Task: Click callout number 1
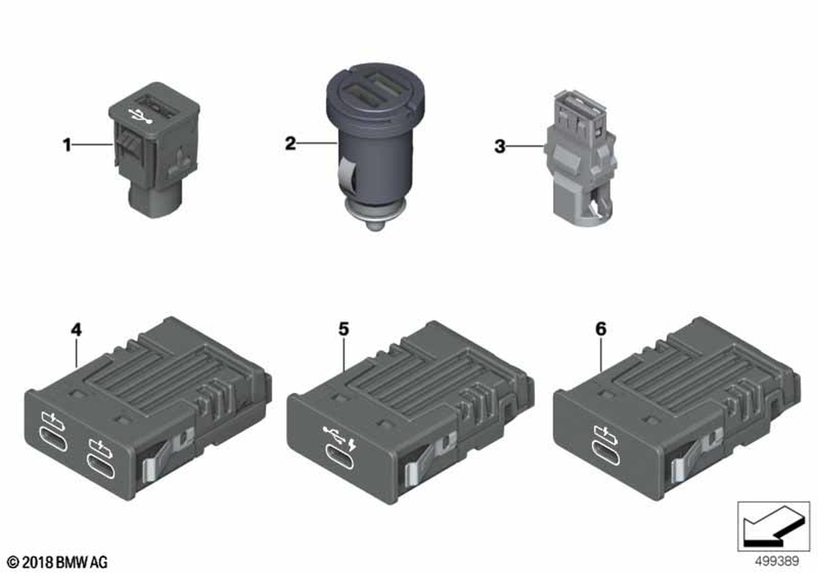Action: pos(67,145)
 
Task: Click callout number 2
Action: pos(290,143)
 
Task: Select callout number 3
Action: pos(500,147)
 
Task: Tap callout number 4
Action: pos(76,330)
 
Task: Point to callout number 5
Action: pos(344,329)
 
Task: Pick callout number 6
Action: pos(601,329)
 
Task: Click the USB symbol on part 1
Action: pos(140,115)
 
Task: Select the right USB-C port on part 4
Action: pos(101,462)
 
